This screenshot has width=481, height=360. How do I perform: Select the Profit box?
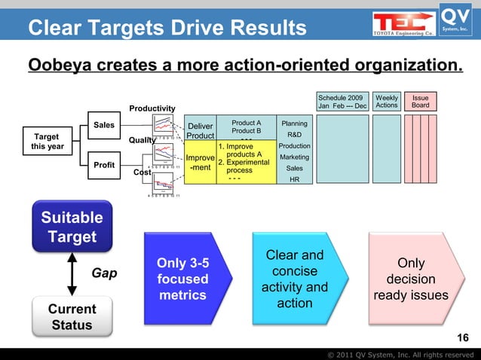coord(104,163)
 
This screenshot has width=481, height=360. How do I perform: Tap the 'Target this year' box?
coord(47,142)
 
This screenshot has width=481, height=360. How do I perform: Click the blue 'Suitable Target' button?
coord(72,227)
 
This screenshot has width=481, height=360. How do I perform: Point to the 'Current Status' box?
coord(72,317)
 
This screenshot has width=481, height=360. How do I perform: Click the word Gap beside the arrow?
coord(104,273)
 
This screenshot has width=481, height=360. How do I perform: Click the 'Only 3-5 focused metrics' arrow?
coord(183,279)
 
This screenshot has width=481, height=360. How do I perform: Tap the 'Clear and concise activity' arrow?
coord(293,279)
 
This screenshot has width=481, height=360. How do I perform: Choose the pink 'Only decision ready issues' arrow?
coord(411,279)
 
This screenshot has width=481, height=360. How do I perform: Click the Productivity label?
coord(152,109)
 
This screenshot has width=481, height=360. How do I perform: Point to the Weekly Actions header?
coord(387,102)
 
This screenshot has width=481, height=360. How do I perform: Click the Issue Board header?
coord(420,102)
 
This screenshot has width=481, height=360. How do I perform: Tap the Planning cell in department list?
coord(293,124)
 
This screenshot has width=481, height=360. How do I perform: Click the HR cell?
coord(293,179)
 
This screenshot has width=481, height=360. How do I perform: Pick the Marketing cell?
coord(293,157)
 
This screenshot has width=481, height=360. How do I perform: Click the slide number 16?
coord(463,337)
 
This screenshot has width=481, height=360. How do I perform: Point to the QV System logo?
coord(457,19)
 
